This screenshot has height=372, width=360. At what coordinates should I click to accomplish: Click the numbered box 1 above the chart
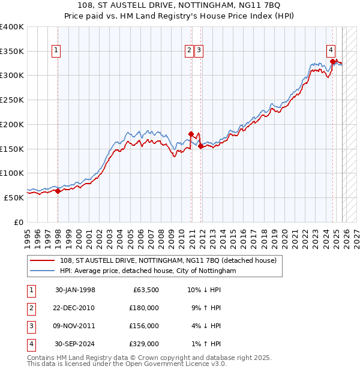pyautogui.click(x=56, y=51)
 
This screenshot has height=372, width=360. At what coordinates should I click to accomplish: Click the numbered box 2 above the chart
pyautogui.click(x=189, y=51)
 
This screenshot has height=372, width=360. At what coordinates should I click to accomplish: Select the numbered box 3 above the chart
pyautogui.click(x=199, y=51)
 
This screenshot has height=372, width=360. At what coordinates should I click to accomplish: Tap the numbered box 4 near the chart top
pyautogui.click(x=331, y=51)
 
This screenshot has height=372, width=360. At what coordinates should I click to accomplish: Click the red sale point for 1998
pyautogui.click(x=58, y=191)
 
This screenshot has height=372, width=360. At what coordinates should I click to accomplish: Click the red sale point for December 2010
pyautogui.click(x=191, y=134)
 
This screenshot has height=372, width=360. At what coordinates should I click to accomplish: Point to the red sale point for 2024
pyautogui.click(x=332, y=61)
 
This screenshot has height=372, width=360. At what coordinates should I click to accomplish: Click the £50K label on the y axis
pyautogui.click(x=14, y=197)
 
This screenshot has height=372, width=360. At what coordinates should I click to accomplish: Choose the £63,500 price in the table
pyautogui.click(x=145, y=290)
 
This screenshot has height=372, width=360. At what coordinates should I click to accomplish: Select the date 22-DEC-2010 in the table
pyautogui.click(x=74, y=308)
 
